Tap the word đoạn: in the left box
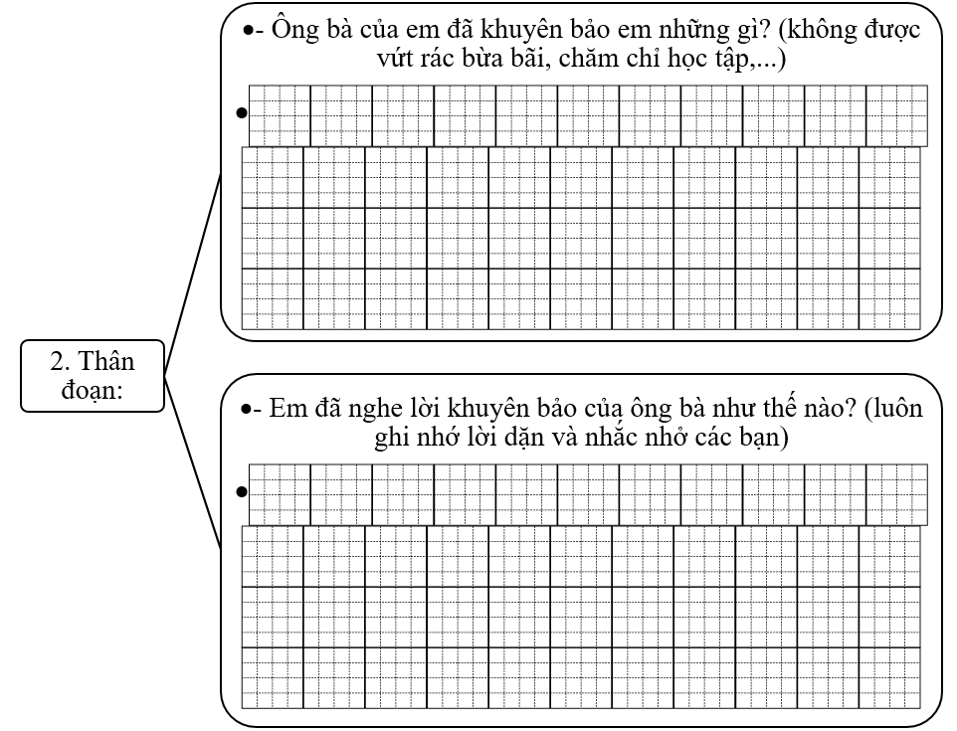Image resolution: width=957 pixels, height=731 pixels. click(92, 389)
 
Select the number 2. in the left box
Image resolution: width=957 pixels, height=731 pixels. click(61, 360)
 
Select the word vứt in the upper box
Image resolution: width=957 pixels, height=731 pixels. click(387, 61)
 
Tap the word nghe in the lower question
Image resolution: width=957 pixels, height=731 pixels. click(384, 410)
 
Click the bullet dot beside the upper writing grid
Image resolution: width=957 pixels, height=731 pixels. click(241, 113)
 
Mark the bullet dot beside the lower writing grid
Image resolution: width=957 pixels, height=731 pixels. click(241, 491)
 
